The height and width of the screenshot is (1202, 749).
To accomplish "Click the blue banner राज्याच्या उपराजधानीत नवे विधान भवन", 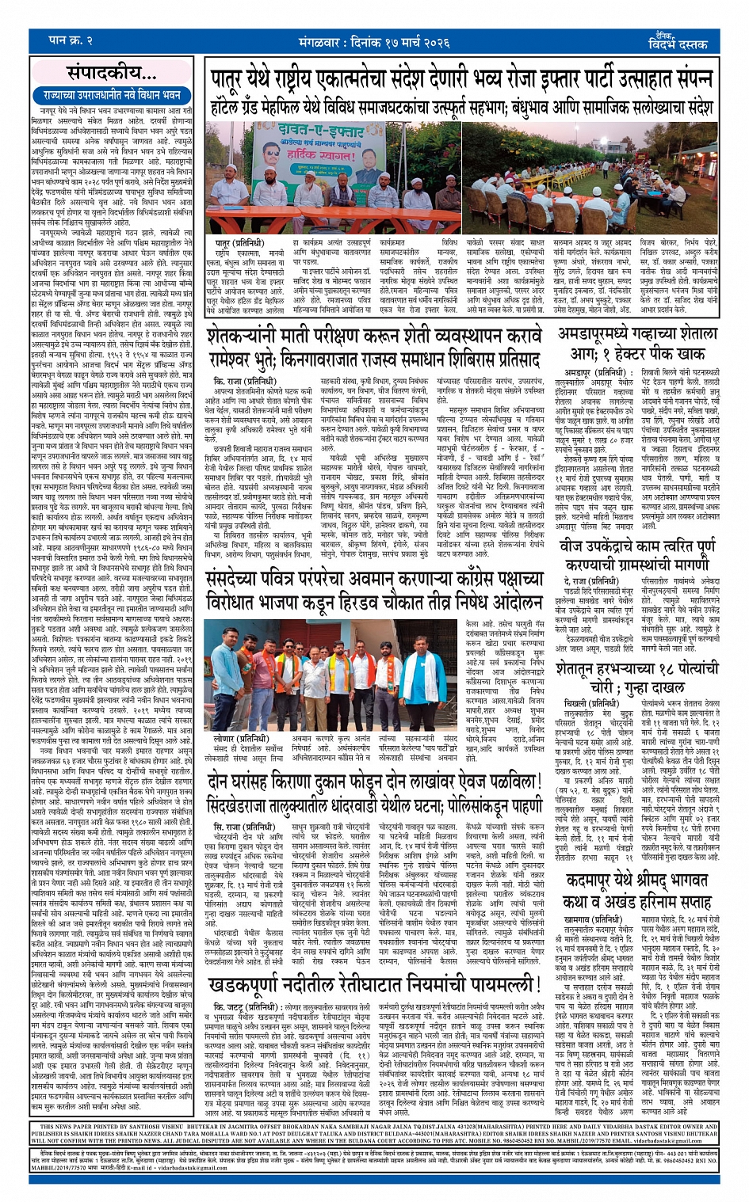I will click(113, 95).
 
